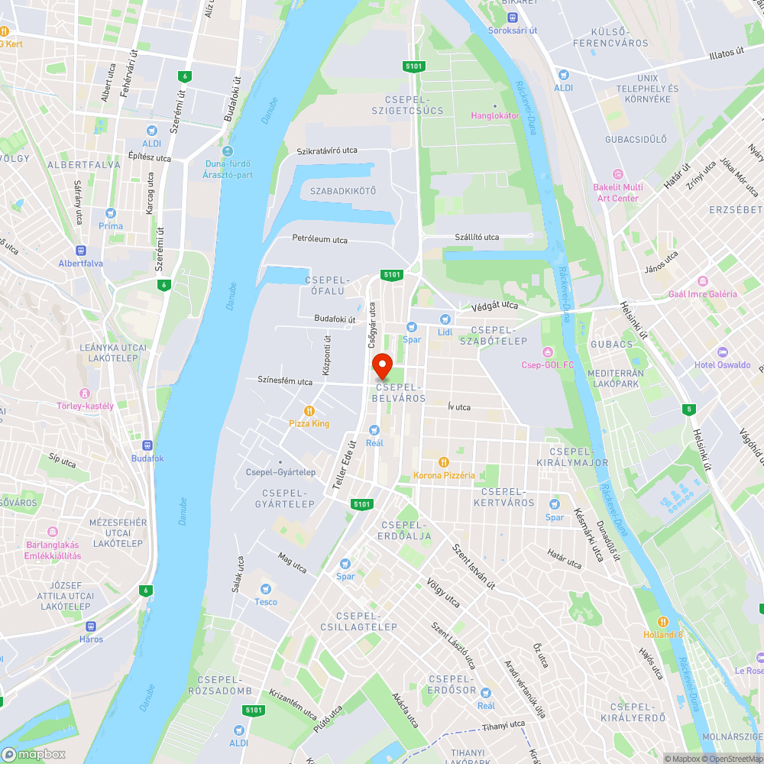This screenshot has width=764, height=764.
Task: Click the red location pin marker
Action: (381, 365)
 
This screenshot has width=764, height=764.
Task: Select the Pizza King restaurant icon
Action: (309, 410)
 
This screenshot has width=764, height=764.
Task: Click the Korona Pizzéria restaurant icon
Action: (443, 462)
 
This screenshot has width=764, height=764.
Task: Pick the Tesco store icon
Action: (266, 589)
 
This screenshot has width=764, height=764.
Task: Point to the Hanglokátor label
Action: (494, 115)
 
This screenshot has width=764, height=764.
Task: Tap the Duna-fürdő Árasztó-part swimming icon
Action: (228, 151)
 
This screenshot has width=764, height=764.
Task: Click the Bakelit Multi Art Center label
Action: (618, 193)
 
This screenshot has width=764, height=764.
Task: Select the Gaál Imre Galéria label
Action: (713, 294)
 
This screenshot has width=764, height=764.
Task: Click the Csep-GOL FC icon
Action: (547, 351)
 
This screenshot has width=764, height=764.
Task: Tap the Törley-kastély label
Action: (85, 406)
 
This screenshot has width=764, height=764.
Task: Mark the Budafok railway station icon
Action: (147, 445)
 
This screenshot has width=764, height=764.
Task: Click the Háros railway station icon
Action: (91, 626)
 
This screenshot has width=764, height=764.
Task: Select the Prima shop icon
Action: (111, 213)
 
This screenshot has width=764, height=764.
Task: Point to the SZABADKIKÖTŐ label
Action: (343, 190)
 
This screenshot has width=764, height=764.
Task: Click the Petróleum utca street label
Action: (319, 239)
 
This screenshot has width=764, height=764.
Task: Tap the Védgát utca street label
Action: (494, 306)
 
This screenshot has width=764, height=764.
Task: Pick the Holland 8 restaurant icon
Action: (662, 621)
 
